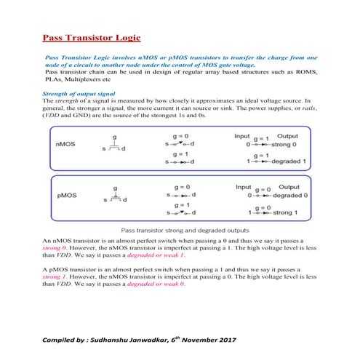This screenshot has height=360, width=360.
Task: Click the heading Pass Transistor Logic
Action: pos(92,37)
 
